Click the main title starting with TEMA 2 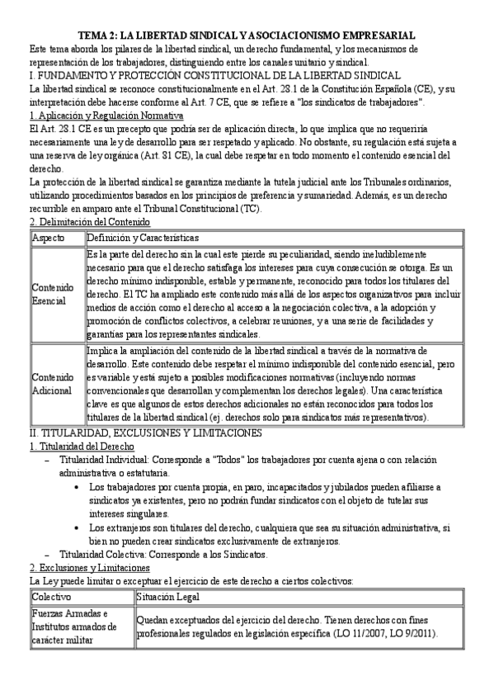point(247,35)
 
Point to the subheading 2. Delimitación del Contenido point(89,222)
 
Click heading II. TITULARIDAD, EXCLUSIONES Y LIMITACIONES point(145,433)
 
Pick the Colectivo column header point(52,596)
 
